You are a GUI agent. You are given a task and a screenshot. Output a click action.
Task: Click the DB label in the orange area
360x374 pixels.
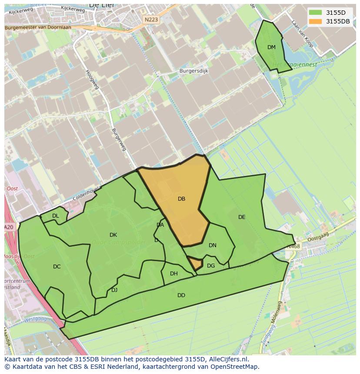[182, 199]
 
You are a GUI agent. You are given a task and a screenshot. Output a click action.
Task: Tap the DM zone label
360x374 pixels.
[271, 47]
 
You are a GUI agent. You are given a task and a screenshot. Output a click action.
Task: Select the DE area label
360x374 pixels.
[242, 217]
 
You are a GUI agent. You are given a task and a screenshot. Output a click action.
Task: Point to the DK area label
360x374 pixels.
[113, 235]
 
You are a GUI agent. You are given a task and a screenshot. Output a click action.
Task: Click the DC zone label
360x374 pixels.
[57, 267]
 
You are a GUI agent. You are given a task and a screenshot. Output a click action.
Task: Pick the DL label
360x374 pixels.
[56, 216]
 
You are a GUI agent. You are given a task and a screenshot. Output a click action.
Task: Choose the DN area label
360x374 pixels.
[213, 245]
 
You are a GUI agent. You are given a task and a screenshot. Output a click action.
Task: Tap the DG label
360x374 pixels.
[211, 266]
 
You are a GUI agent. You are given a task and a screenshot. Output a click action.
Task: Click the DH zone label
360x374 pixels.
[174, 274]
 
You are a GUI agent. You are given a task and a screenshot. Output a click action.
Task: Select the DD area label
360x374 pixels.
[181, 295]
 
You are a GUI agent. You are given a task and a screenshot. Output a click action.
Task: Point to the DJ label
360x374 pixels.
[114, 290]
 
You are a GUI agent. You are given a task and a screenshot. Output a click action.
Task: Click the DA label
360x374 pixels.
[160, 225]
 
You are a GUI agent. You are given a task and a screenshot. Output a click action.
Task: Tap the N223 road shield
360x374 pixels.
[151, 20]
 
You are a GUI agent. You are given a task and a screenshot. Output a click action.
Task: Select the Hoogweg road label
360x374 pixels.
[93, 79]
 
